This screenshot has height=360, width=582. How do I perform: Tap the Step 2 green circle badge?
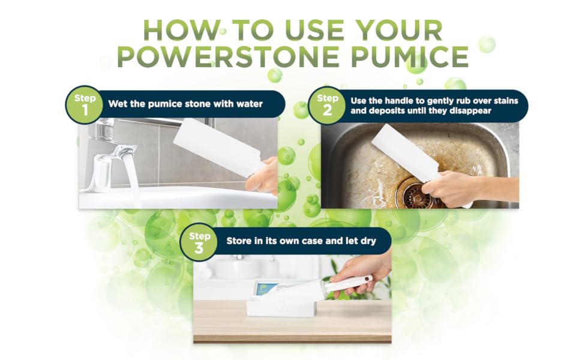point(327,104)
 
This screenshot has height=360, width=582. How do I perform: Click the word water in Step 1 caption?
point(248,104)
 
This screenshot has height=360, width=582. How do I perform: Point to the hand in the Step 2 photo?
point(447,188)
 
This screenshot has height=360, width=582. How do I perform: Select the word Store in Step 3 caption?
point(239,241)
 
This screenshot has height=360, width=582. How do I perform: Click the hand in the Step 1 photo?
point(266,177)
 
